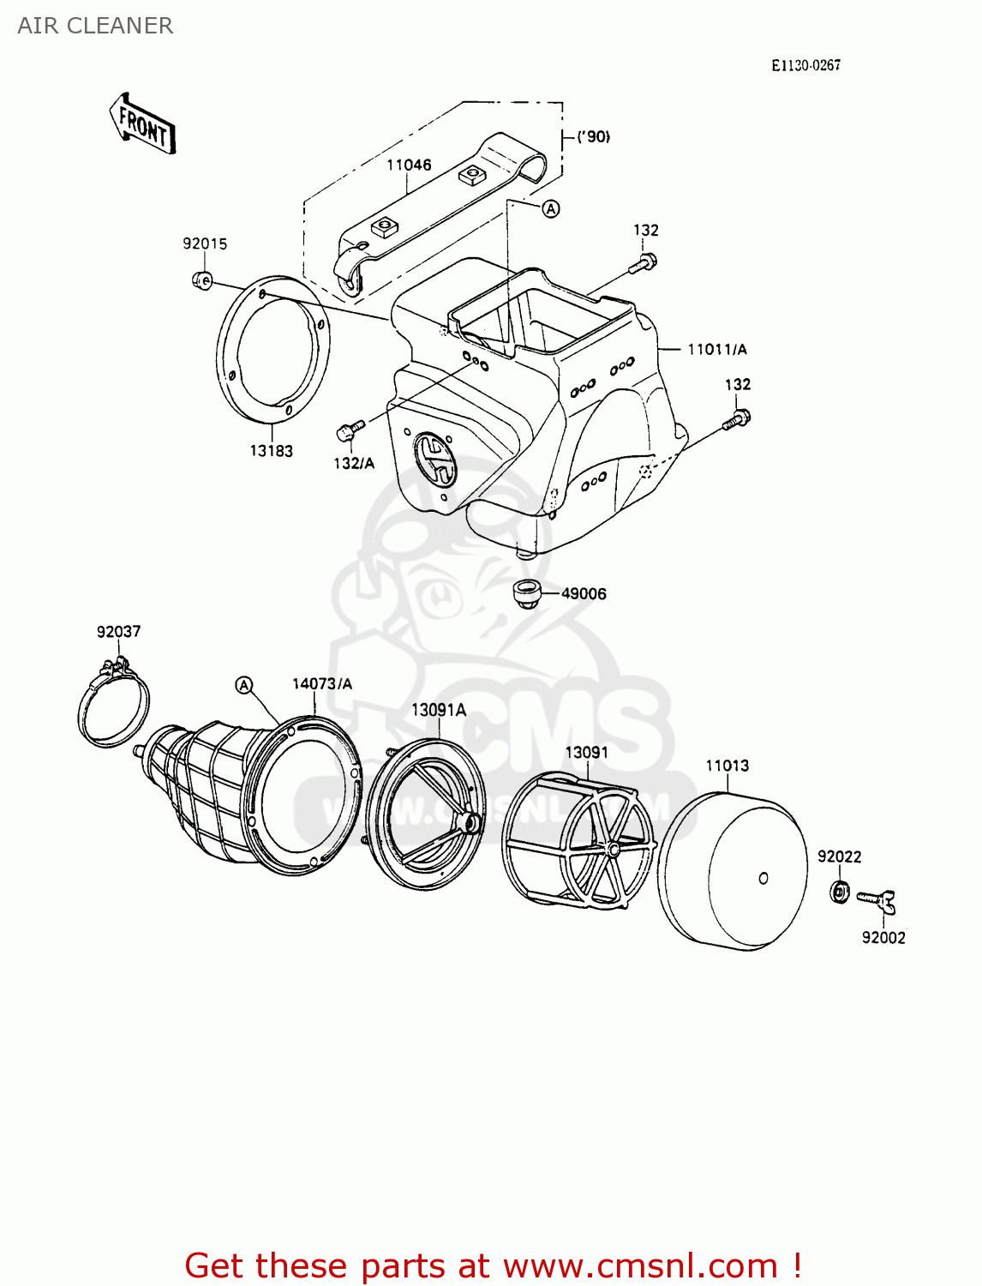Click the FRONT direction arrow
click(143, 125)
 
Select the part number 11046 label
click(409, 165)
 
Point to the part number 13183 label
click(271, 451)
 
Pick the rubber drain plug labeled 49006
click(525, 592)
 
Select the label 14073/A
click(321, 683)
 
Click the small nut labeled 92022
click(840, 892)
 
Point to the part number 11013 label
click(727, 766)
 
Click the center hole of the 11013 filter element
click(763, 878)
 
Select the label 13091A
click(439, 710)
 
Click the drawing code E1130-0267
click(805, 65)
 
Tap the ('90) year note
click(593, 136)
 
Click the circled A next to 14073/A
click(244, 684)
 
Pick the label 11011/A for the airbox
click(716, 349)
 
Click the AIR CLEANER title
click(95, 26)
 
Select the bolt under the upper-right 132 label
click(644, 261)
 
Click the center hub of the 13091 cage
click(614, 849)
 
